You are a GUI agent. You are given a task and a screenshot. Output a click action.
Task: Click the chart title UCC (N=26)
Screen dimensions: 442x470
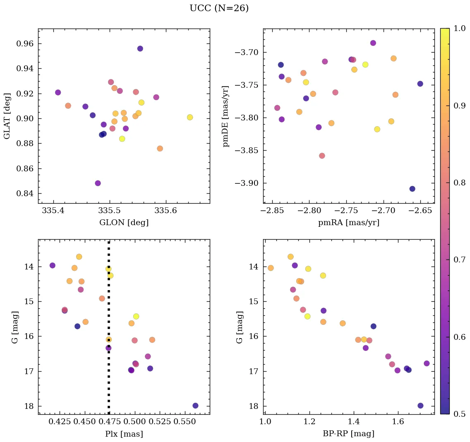click(219, 8)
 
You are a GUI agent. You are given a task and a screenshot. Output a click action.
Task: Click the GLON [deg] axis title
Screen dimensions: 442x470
click(124, 223)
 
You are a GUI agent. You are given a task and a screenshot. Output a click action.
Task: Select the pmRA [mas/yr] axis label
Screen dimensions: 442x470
click(348, 223)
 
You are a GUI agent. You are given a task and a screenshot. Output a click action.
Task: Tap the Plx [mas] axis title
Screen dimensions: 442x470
click(124, 434)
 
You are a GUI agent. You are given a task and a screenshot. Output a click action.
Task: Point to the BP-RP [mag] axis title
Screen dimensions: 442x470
click(348, 434)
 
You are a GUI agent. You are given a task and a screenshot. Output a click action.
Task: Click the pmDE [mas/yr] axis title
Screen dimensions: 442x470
click(225, 116)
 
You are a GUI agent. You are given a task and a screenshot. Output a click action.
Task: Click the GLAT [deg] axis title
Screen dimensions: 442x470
click(7, 116)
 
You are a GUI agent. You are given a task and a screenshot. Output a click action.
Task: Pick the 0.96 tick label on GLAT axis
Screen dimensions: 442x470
click(25, 44)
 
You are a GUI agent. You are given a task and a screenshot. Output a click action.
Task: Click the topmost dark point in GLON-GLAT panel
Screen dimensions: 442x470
click(140, 49)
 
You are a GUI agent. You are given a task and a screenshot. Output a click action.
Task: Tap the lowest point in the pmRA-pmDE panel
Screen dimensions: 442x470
click(412, 189)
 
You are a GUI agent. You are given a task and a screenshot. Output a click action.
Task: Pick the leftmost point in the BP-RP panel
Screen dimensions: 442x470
click(271, 268)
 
